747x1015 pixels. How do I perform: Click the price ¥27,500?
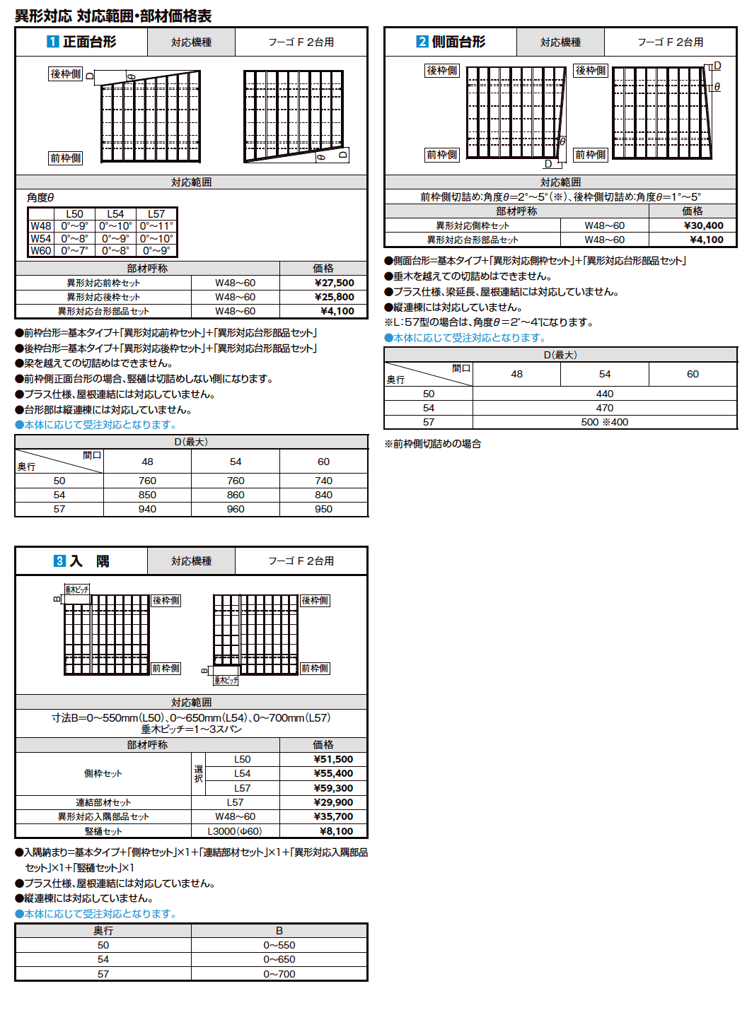point(334,283)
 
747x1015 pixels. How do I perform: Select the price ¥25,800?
point(334,297)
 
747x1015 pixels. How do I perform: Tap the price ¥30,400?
point(703,225)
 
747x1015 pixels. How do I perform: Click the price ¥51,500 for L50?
point(333,759)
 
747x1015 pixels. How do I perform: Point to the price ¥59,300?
point(333,788)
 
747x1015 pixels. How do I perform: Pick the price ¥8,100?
point(336,831)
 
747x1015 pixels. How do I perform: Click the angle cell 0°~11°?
point(156,226)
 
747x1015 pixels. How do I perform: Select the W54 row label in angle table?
point(40,239)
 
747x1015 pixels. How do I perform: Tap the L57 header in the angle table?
point(156,214)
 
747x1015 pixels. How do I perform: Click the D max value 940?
point(147,509)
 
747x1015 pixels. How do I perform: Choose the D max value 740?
point(323,481)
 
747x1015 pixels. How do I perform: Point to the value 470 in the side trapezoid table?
point(605,408)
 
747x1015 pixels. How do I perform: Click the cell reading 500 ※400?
point(605,422)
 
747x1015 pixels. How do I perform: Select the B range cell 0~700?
point(279,974)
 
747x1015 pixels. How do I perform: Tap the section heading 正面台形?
point(89,42)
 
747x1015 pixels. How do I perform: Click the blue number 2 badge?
point(422,42)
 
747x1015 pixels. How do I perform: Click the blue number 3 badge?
point(59,561)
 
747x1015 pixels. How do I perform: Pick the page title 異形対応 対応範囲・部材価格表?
point(113,16)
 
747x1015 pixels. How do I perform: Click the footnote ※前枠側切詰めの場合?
point(432,444)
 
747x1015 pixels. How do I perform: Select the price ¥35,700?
point(333,816)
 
